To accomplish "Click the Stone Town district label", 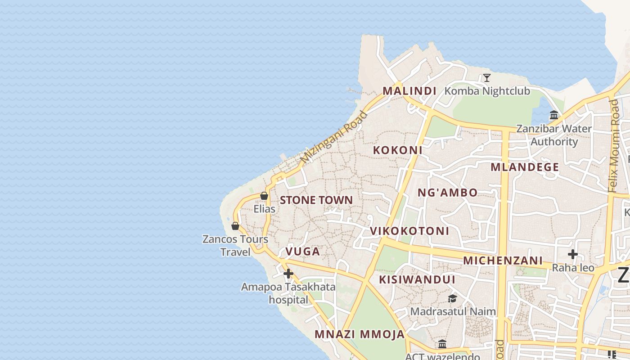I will [316, 200].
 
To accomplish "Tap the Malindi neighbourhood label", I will [409, 91].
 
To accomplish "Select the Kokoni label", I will [398, 150].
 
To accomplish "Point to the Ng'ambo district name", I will [447, 193].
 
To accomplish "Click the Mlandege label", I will [525, 167].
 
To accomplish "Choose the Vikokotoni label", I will [409, 231].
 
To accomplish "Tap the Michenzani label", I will [503, 261].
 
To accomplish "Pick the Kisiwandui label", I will [417, 279].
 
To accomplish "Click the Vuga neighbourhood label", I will [303, 252].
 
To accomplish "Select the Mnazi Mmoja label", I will [360, 334].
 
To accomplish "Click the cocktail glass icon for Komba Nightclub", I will [486, 78].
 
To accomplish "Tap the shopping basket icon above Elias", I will [264, 196].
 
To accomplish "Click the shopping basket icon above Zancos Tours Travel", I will [235, 226].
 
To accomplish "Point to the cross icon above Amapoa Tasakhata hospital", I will [288, 274].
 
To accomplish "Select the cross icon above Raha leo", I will [572, 255].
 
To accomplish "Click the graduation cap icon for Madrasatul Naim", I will [452, 298].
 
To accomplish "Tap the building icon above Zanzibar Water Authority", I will [554, 115].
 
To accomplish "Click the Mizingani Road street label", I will [334, 137].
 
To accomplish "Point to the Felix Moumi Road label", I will [613, 146].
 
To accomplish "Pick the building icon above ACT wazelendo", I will [442, 344].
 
